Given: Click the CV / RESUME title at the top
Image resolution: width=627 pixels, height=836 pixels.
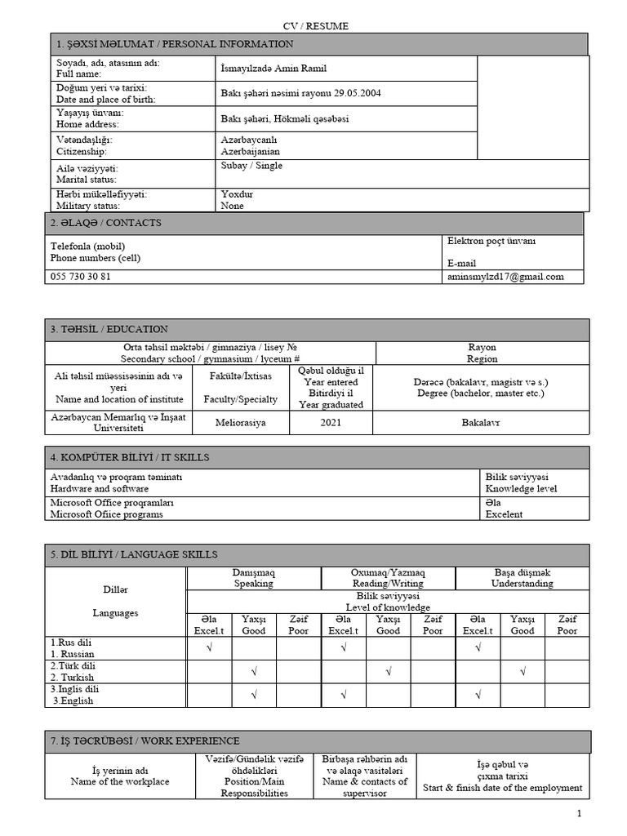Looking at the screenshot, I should point(315,26).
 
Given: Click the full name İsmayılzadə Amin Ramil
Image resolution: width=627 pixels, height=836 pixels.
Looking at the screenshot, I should point(273,69).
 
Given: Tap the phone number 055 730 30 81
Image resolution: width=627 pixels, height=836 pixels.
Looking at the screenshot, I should point(81,277).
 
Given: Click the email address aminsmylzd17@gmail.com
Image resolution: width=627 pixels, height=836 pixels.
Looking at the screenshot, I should point(505,277).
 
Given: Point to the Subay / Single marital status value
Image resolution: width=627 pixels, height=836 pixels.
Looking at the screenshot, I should point(251,166).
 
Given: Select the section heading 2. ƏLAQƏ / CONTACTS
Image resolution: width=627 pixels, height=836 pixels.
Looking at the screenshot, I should point(106,224).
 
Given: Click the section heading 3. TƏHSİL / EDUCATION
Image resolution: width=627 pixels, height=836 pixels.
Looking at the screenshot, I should point(109,330).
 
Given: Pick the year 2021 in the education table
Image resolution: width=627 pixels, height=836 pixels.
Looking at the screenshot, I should point(331,423).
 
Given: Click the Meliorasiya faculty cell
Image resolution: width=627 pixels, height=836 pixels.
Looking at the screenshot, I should point(240,423).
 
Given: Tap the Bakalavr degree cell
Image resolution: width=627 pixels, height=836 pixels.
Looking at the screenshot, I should point(482,423).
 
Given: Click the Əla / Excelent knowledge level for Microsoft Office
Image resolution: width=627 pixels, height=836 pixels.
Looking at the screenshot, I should point(504,509).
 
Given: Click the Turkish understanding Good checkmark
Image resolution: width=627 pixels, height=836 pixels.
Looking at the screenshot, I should point(522,672).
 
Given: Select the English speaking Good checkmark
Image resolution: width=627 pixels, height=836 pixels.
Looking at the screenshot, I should point(254,696).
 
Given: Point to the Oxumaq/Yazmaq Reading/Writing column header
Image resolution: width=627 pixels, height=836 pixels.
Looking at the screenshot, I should point(388,578).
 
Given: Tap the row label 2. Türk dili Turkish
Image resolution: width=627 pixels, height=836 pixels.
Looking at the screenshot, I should point(73,672).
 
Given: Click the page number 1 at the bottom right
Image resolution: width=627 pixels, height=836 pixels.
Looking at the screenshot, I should point(579,814).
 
